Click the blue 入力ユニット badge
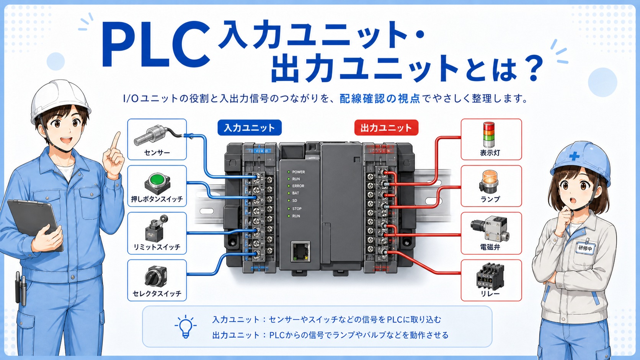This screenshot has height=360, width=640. pos(250,128)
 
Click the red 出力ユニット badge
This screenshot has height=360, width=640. pos(386,128)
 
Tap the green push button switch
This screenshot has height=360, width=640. pos(157,183)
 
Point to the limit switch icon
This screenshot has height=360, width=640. pos(156,229)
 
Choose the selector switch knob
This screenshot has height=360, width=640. pos(156,276)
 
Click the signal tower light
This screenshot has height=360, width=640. pos(488,135)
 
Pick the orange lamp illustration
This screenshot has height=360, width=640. pos(490,181)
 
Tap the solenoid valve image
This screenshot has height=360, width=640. pos(489,228)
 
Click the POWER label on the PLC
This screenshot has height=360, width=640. pos(299,172)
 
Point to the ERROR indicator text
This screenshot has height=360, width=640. pos(298,186)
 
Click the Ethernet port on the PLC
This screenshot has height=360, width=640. pos(300,251)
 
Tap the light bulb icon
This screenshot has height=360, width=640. pos(186,327)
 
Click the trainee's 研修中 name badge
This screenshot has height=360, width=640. pos(585,248)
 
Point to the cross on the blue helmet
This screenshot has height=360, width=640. pos(574,156)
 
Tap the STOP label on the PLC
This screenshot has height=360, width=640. pos(297,209)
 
